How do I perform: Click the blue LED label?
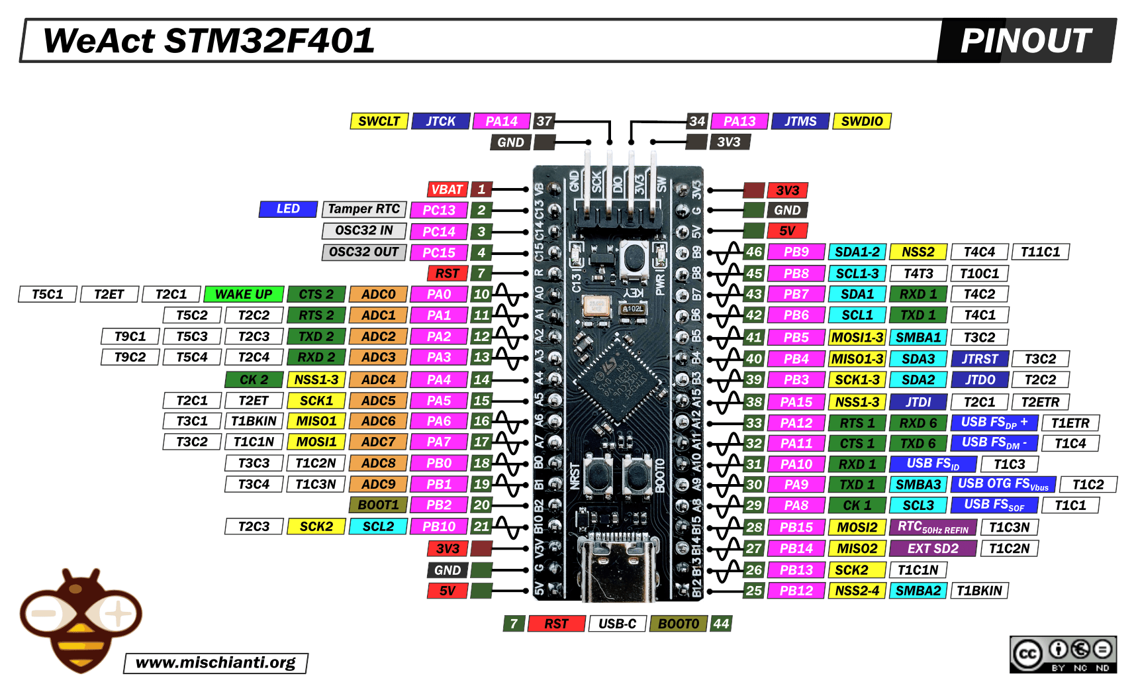[x=288, y=209]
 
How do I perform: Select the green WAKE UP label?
[x=244, y=294]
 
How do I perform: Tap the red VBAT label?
[x=447, y=189]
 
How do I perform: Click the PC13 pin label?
[x=439, y=211]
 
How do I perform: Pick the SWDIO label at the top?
[x=861, y=121]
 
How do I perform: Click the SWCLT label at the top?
[x=379, y=121]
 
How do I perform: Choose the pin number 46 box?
[x=754, y=252]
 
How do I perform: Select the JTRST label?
[x=979, y=359]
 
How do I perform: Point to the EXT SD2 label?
[x=932, y=548]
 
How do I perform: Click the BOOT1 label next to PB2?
[x=378, y=505]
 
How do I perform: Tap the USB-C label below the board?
[x=617, y=624]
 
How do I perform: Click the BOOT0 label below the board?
[x=679, y=624]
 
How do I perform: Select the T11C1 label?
[x=1040, y=252]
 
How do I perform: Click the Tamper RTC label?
[x=364, y=209]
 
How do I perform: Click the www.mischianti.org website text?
[x=216, y=663]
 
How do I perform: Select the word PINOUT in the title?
[x=1025, y=41]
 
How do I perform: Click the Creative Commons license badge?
[x=1063, y=654]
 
